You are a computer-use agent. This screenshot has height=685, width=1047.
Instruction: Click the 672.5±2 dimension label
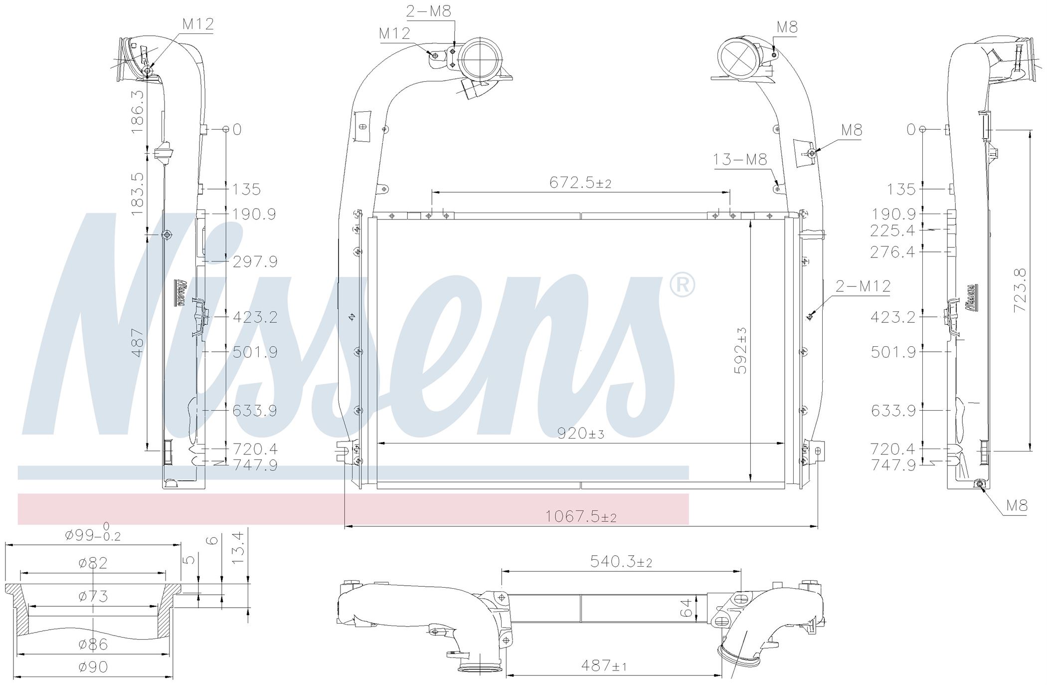(580, 183)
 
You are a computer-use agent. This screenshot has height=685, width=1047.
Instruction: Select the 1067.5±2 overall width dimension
(581, 516)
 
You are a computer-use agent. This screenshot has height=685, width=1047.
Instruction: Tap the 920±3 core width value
(581, 434)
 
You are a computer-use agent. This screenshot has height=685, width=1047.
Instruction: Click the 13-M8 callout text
(740, 160)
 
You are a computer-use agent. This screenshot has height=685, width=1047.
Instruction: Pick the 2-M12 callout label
(863, 286)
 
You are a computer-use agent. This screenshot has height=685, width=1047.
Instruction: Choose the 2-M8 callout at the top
(429, 11)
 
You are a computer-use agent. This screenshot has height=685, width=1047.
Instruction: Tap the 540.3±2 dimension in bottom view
(621, 562)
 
